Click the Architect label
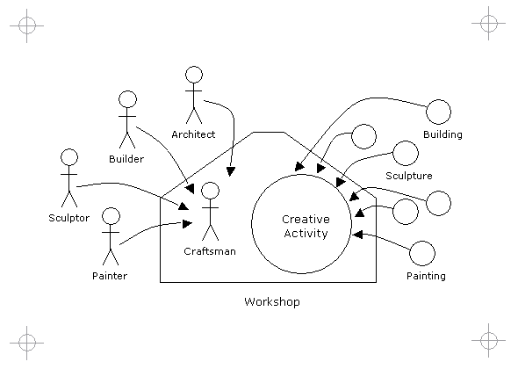coord(193,134)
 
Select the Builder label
coord(126,159)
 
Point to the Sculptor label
coord(69,218)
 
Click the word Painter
coord(110,276)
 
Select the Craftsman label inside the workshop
coord(210,251)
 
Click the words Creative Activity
coord(306,226)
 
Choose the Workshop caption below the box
coord(272,302)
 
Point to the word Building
coord(442,134)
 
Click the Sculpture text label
coord(409,176)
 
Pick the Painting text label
coord(426,276)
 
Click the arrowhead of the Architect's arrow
coord(231,171)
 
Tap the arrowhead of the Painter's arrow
coord(187,224)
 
